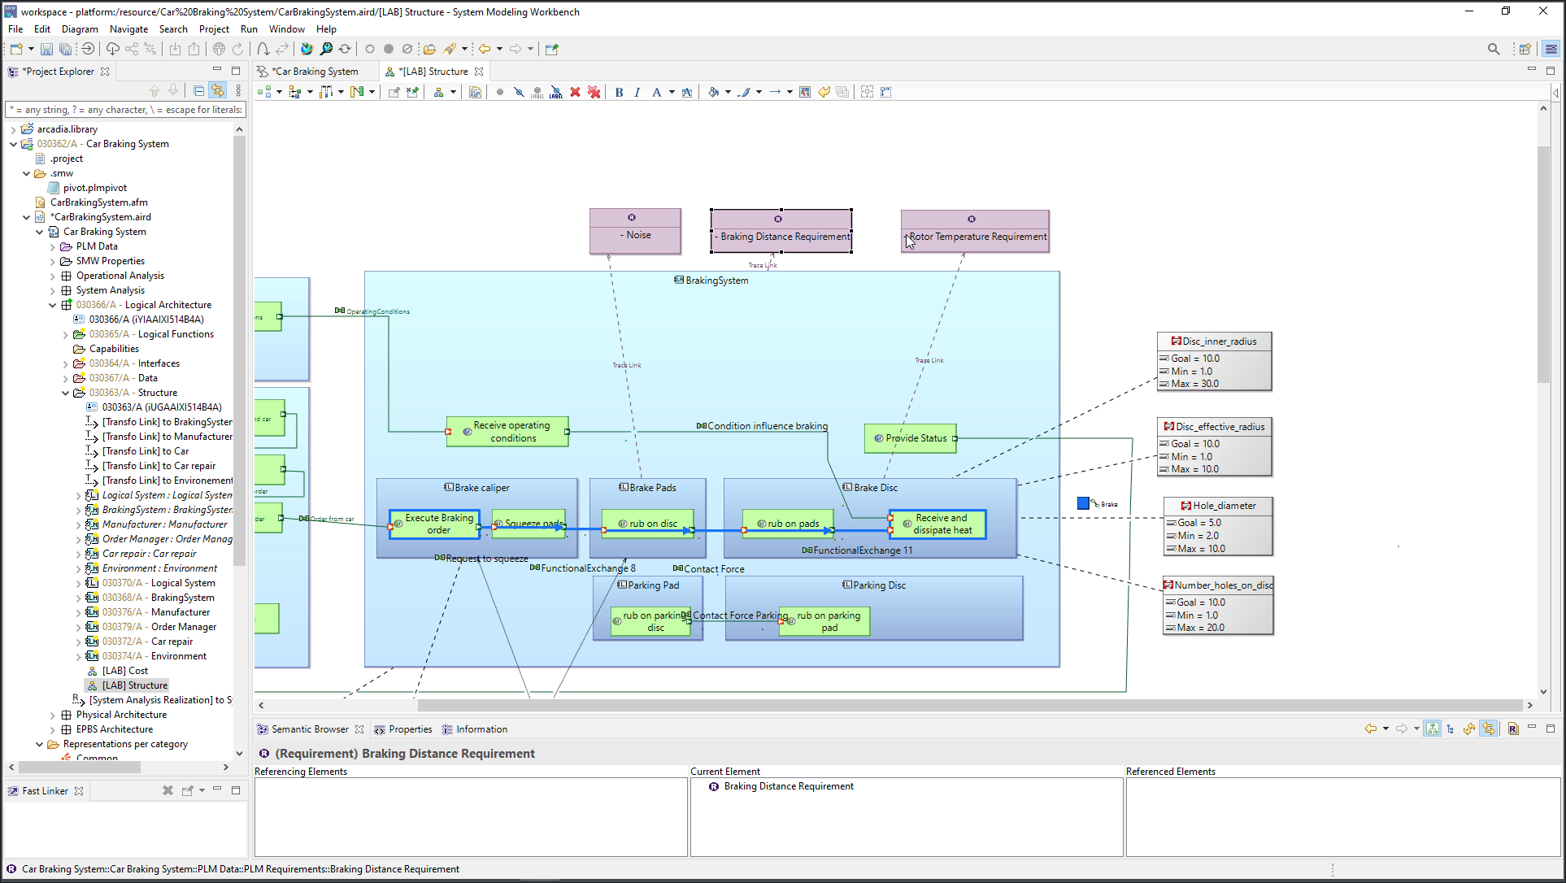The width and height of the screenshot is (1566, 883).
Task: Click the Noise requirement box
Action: (635, 234)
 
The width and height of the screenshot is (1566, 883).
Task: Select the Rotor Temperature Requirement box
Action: (974, 236)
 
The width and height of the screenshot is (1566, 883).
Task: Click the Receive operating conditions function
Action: (511, 432)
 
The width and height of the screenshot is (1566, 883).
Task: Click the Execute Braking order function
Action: (438, 524)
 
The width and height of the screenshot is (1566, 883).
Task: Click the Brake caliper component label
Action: (481, 488)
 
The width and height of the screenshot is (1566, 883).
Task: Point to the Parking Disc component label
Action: (878, 585)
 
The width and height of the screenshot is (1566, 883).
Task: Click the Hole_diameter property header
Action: (1223, 506)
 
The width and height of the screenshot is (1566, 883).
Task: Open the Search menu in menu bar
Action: (172, 29)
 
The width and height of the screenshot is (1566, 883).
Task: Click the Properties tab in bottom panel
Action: (410, 729)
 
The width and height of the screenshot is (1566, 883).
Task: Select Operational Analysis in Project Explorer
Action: (120, 276)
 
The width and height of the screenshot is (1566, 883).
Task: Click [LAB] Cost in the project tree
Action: (124, 671)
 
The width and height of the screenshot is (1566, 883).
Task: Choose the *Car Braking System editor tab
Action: (314, 72)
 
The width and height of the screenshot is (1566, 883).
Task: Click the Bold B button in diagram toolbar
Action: (619, 93)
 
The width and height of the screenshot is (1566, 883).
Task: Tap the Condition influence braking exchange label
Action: (767, 426)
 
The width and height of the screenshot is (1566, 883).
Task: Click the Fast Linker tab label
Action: (45, 790)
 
